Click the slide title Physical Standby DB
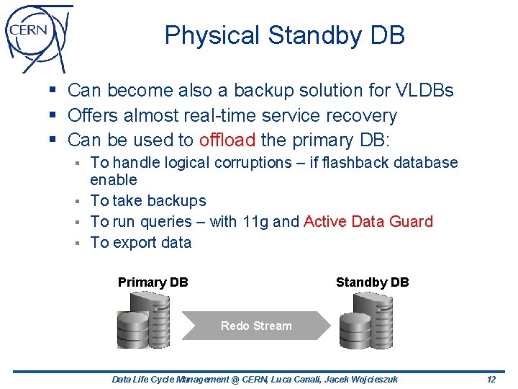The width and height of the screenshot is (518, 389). pyautogui.click(x=284, y=35)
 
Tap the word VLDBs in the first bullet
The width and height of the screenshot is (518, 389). pyautogui.click(x=424, y=91)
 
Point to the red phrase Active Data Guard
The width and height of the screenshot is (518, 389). pyautogui.click(x=368, y=222)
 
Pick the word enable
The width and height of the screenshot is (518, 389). pyautogui.click(x=114, y=179)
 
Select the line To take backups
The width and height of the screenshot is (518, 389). pyautogui.click(x=148, y=201)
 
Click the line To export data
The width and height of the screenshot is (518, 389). pyautogui.click(x=141, y=243)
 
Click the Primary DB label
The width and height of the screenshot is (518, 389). pyautogui.click(x=153, y=282)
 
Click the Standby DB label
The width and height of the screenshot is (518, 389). pyautogui.click(x=372, y=282)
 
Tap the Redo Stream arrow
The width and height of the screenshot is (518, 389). pyautogui.click(x=256, y=326)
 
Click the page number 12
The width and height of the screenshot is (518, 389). pyautogui.click(x=491, y=380)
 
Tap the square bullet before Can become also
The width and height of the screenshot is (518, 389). pyautogui.click(x=55, y=91)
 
